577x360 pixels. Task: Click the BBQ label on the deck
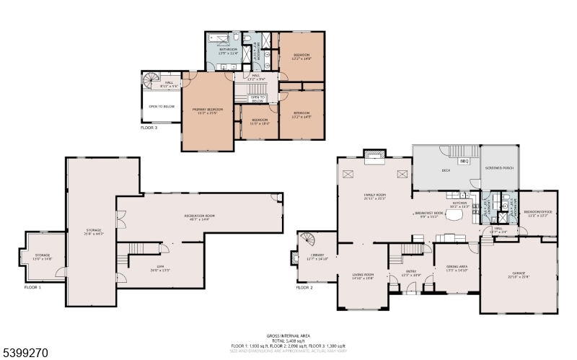pyautogui.click(x=464, y=162)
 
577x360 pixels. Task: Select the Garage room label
pyautogui.click(x=519, y=276)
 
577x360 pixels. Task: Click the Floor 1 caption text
pyautogui.click(x=31, y=288)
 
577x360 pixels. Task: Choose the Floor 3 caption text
pyautogui.click(x=149, y=128)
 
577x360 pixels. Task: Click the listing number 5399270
pyautogui.click(x=25, y=353)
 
